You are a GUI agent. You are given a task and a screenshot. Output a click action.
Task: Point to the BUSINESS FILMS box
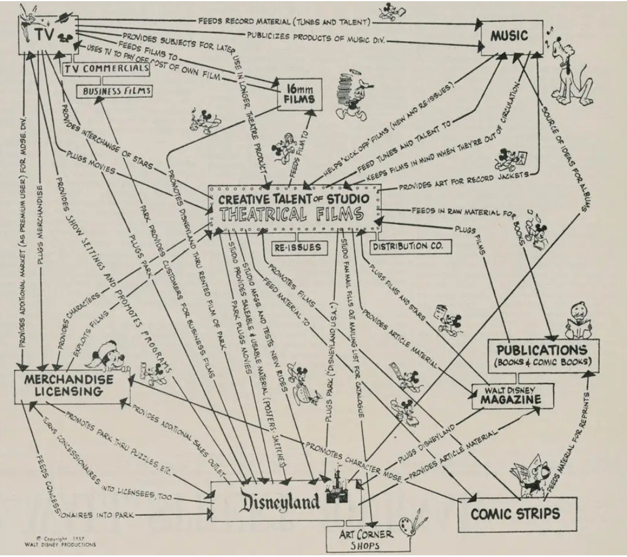point(115,91)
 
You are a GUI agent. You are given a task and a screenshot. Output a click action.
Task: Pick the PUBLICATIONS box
point(541,355)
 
